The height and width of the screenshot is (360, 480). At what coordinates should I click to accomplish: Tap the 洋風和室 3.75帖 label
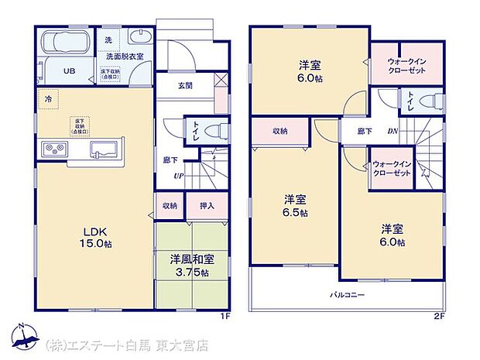(188, 265)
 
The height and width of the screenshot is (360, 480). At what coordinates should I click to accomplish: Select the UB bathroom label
(68, 70)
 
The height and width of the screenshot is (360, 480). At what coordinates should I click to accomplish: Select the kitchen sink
(104, 149)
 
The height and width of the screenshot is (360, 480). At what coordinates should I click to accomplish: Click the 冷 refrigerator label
(47, 99)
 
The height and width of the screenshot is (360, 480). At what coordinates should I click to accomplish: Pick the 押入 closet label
(207, 206)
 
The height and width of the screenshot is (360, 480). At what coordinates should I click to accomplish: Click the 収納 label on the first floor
(170, 206)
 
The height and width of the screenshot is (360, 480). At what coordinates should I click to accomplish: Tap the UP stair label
(178, 176)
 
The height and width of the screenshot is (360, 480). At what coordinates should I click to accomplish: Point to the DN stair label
(392, 131)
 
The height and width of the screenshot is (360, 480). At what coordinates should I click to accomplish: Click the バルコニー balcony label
(348, 295)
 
